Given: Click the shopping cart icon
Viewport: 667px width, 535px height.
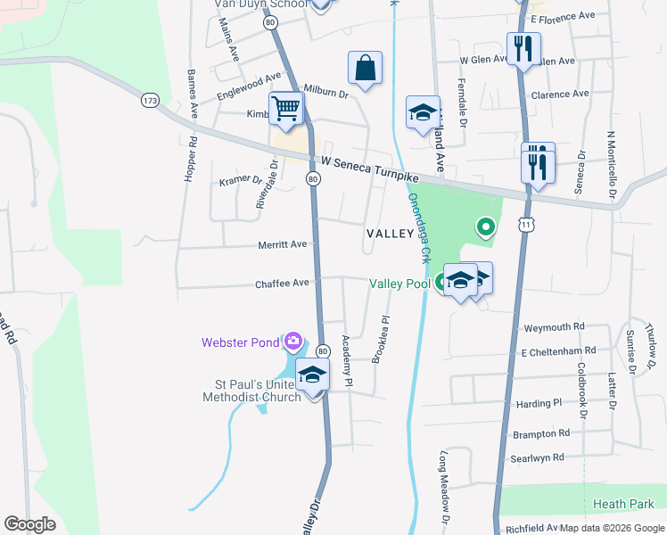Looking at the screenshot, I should click(286, 109).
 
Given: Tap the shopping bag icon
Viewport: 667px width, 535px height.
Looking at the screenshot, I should click(365, 67).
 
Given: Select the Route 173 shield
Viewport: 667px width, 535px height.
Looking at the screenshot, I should click(150, 101).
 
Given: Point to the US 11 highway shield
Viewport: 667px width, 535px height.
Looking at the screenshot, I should click(527, 226).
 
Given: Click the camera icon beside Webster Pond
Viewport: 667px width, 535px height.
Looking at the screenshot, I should click(292, 341).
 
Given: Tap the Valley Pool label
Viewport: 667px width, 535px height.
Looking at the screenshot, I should click(399, 284).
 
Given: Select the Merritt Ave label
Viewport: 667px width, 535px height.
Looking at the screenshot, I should click(282, 244).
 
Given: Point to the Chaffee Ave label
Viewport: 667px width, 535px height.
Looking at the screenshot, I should click(282, 283).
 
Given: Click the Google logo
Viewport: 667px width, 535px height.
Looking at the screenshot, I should click(30, 524).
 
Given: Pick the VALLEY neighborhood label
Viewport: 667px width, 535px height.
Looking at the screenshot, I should click(390, 234).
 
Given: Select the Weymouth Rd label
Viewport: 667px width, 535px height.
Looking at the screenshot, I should click(554, 327).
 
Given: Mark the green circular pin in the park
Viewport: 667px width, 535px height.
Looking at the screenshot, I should click(485, 226).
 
